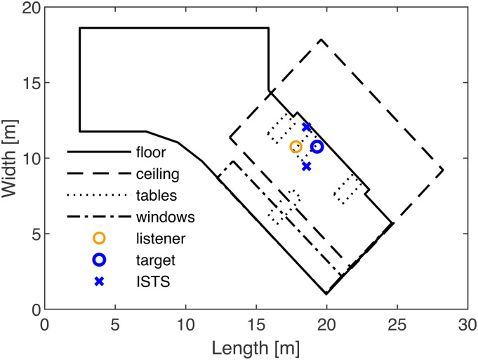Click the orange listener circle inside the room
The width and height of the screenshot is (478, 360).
click(x=296, y=147)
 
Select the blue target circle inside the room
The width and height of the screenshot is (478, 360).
click(x=317, y=147)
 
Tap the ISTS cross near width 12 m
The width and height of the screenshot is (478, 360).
click(x=307, y=127)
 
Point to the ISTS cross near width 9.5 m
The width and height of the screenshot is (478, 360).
click(x=307, y=166)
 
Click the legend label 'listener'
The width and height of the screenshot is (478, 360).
click(x=162, y=239)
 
